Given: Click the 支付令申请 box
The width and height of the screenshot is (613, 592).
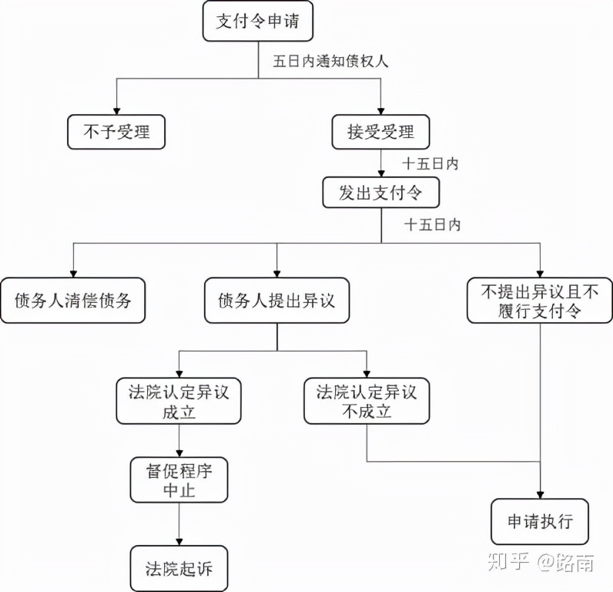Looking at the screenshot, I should (x=257, y=21).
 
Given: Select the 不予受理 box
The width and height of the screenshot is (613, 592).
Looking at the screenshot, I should (x=116, y=132).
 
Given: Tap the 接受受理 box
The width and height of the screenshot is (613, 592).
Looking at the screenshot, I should (x=380, y=132).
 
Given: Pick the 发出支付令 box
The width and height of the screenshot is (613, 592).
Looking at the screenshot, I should (x=380, y=193).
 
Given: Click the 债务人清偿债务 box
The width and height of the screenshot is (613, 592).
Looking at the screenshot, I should (x=72, y=300).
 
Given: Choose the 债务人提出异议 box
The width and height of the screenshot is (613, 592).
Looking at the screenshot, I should (x=276, y=300).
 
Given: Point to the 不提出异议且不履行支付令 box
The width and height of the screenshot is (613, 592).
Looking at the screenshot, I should (x=540, y=300).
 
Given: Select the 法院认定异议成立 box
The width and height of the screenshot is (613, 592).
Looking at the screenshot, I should (x=178, y=401).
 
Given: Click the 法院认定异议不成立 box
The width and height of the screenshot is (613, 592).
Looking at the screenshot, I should (x=366, y=401).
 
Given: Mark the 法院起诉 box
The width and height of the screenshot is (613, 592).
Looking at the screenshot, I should (x=178, y=569).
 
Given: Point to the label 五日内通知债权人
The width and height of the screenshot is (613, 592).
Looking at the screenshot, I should (x=330, y=62).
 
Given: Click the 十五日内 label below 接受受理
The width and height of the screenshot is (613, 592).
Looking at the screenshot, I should (x=430, y=164).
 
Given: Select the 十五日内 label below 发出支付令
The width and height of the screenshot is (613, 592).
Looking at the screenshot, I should (x=432, y=225).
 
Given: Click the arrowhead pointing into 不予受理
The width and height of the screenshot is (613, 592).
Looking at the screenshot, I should (x=116, y=110).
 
